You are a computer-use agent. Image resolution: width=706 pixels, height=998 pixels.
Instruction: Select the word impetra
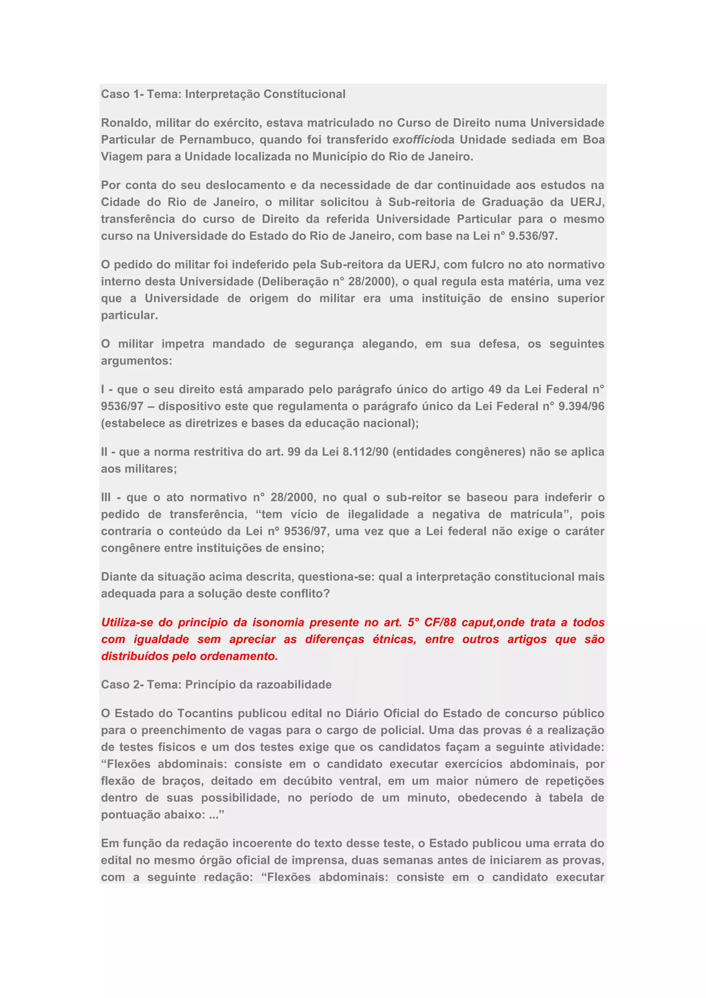click(183, 344)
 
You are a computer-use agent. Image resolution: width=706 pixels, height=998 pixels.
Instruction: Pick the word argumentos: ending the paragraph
click(137, 361)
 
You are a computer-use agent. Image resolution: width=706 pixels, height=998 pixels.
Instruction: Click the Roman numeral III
click(105, 498)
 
